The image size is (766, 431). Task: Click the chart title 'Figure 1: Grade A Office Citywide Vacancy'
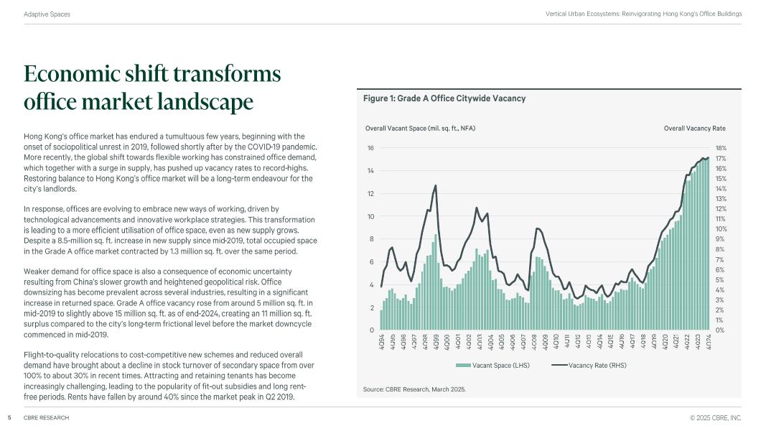coord(444,98)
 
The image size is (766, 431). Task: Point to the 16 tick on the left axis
coord(370,148)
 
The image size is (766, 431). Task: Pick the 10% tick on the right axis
coord(721,229)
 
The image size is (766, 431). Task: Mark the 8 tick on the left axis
coord(372,239)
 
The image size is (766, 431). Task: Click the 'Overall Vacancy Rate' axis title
coord(694,129)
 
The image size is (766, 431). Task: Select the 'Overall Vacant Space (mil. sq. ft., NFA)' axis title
coord(421,129)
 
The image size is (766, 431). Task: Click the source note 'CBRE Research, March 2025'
coord(415,389)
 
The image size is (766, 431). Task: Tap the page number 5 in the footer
coord(9,417)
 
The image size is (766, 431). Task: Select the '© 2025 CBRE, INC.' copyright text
coord(715,417)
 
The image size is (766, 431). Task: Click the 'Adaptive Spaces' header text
coord(47,14)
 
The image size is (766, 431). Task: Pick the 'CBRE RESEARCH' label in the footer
coord(46,417)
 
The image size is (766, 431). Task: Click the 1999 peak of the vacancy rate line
coord(435,186)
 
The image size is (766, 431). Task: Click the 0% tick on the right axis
coord(720,330)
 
